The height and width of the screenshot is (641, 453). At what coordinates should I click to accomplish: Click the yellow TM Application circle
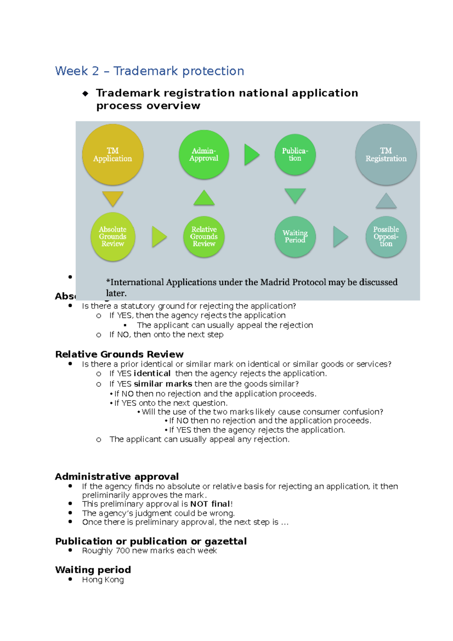[112, 155]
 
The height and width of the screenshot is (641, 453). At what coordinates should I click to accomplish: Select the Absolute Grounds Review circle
[112, 237]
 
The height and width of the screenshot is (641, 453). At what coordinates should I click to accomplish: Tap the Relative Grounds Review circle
[204, 237]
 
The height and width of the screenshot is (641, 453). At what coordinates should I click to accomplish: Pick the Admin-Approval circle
[204, 155]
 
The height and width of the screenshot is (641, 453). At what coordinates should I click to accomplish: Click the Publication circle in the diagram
[295, 155]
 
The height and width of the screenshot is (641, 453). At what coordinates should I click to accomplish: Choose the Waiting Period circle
[295, 237]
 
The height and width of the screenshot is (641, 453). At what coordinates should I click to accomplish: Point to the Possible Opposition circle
[386, 237]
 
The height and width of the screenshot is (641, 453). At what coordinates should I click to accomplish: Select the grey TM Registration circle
[386, 155]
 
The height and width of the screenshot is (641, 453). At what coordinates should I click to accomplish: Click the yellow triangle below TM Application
[112, 198]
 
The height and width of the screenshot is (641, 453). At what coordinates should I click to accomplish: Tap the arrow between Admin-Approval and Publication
[251, 155]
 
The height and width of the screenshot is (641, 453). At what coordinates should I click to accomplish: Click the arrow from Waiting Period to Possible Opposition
[340, 237]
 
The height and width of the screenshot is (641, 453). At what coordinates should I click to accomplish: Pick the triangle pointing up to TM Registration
[386, 202]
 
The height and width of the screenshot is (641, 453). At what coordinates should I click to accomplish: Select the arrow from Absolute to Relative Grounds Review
[159, 237]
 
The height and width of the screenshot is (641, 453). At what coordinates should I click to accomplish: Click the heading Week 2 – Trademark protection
[149, 71]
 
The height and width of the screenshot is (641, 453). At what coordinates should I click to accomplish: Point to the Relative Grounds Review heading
[119, 354]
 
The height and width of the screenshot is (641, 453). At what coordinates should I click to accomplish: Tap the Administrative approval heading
[117, 476]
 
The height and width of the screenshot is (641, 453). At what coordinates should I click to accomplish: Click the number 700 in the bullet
[123, 551]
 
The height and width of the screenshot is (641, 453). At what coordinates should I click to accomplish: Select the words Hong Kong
[103, 580]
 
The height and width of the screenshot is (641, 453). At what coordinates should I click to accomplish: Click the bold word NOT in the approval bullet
[199, 504]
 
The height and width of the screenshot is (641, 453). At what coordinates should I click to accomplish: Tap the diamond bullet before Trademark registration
[85, 94]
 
